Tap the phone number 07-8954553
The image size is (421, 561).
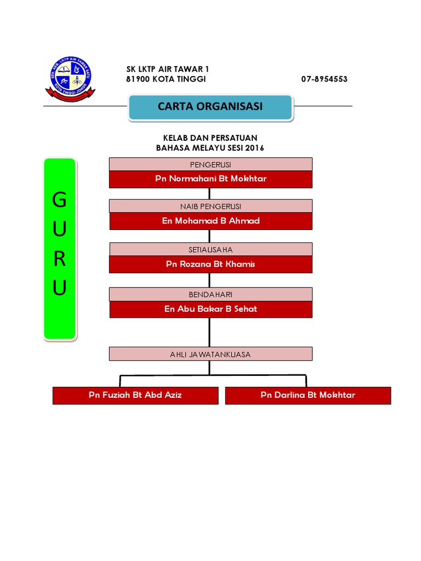pos(324,79)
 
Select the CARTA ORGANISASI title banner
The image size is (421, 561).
pos(210,107)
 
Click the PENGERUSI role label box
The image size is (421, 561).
pos(210,164)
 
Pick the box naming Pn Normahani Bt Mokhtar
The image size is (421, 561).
pos(210,179)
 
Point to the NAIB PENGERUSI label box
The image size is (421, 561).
pos(210,206)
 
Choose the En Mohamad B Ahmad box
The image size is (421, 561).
pos(210,221)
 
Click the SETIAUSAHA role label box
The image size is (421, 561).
pos(210,249)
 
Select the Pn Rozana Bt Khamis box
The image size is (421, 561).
pos(210,264)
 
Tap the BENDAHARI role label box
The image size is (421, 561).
pos(210,294)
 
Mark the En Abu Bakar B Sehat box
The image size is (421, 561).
pos(210,309)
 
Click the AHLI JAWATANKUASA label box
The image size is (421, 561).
pos(210,354)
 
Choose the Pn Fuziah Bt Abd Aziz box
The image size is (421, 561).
pos(135,395)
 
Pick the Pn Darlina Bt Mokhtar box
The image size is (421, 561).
pos(308,395)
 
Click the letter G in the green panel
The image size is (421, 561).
pos(59,201)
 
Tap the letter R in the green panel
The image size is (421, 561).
pos(59,259)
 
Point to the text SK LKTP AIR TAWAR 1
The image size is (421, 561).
pos(168,69)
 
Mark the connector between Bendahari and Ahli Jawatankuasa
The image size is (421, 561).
pos(209,332)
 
